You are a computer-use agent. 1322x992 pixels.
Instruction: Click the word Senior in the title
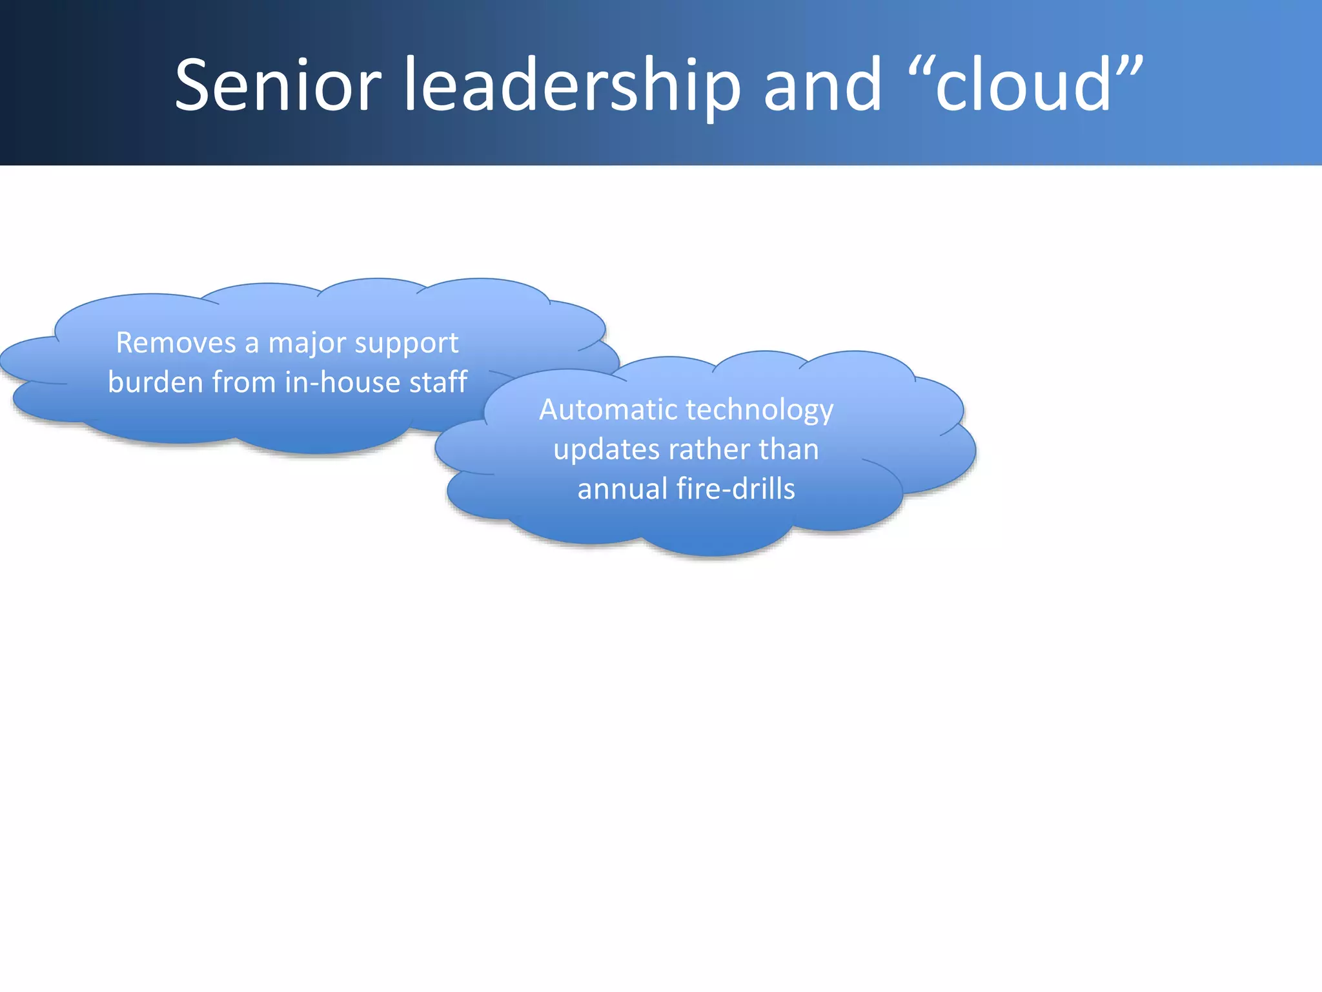278,85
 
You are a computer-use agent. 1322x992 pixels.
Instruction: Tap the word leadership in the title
572,85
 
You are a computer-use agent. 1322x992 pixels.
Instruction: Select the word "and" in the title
822,85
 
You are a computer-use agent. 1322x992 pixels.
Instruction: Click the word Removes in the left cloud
176,343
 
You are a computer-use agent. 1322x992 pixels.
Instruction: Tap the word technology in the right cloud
760,411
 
